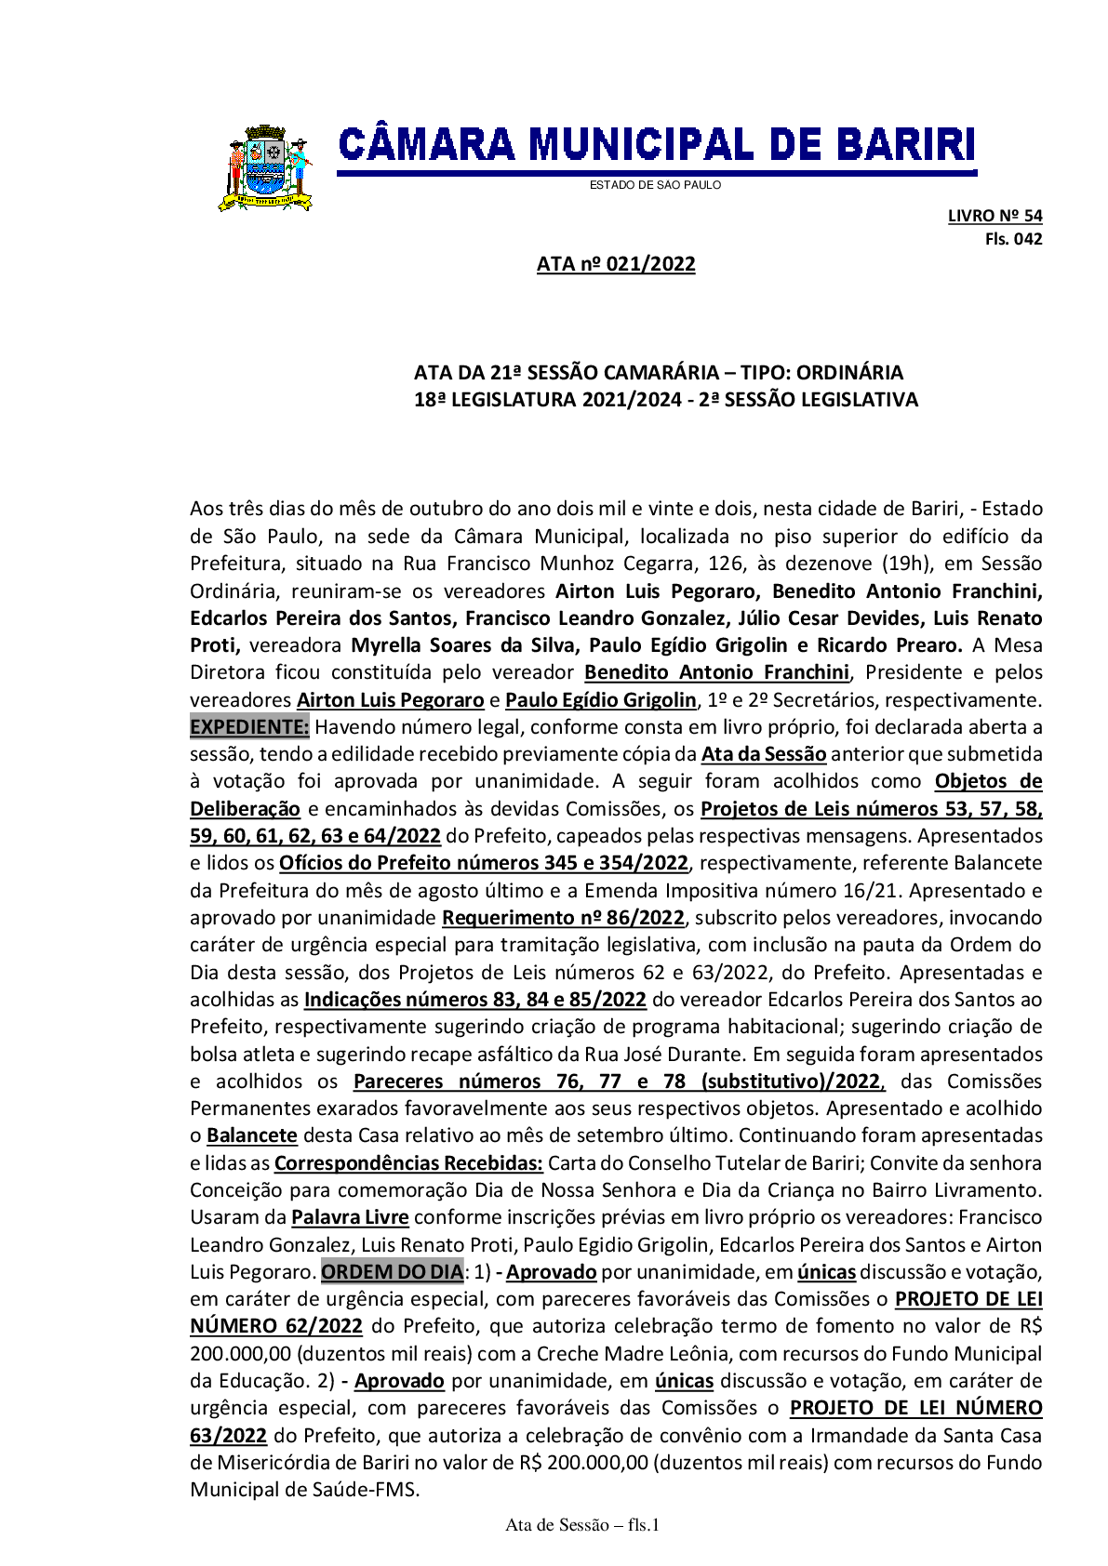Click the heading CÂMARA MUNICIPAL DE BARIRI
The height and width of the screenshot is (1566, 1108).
click(x=656, y=146)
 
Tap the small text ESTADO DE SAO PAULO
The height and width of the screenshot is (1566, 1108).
click(x=655, y=185)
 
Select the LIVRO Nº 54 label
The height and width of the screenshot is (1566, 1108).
click(x=995, y=216)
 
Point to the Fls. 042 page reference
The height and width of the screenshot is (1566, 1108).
click(x=1013, y=239)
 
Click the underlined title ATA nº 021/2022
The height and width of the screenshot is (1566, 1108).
click(x=616, y=264)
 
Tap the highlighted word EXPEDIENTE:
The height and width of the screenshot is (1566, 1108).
click(x=249, y=727)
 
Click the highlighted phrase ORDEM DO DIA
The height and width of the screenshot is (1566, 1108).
click(x=392, y=1271)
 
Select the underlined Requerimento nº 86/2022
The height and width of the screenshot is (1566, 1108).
click(x=563, y=918)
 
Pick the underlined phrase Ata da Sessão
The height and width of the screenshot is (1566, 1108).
click(x=764, y=754)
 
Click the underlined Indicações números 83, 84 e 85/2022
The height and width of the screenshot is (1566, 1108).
click(x=474, y=1000)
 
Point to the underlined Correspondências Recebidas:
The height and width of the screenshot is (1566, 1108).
click(x=408, y=1163)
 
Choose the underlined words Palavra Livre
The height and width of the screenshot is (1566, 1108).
click(x=350, y=1217)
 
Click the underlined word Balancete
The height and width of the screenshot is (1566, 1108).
click(x=252, y=1135)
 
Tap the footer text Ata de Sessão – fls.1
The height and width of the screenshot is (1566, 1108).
click(x=582, y=1525)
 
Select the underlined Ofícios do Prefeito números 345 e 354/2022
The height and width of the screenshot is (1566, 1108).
click(x=484, y=863)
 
